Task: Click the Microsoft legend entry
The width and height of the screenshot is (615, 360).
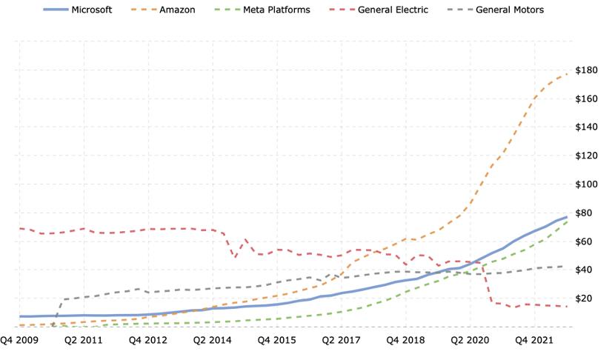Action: click(x=78, y=10)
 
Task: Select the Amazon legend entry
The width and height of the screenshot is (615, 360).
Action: click(x=163, y=10)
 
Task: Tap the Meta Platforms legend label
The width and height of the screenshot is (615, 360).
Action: click(x=276, y=10)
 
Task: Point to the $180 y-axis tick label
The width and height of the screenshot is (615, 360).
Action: click(x=586, y=70)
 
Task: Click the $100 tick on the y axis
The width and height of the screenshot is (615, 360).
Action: click(x=586, y=184)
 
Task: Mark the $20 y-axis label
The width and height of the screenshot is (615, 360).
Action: click(x=584, y=299)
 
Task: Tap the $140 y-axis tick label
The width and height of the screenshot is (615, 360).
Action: click(x=586, y=127)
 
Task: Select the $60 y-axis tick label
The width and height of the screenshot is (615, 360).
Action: click(x=584, y=241)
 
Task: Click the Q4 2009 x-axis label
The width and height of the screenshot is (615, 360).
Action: click(x=19, y=340)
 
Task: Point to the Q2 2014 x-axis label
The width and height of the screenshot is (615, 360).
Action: click(x=213, y=340)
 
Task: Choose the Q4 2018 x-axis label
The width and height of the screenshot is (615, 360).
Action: click(x=406, y=340)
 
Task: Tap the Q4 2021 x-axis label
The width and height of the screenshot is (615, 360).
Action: click(x=534, y=340)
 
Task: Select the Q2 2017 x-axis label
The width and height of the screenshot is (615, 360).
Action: click(x=342, y=340)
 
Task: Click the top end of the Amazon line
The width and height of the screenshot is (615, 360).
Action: click(x=567, y=74)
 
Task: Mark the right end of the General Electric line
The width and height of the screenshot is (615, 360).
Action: click(x=567, y=307)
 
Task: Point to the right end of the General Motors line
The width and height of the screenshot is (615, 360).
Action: click(x=563, y=267)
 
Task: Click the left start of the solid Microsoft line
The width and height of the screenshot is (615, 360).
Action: click(x=20, y=316)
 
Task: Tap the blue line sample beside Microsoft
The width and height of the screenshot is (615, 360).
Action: click(x=56, y=10)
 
